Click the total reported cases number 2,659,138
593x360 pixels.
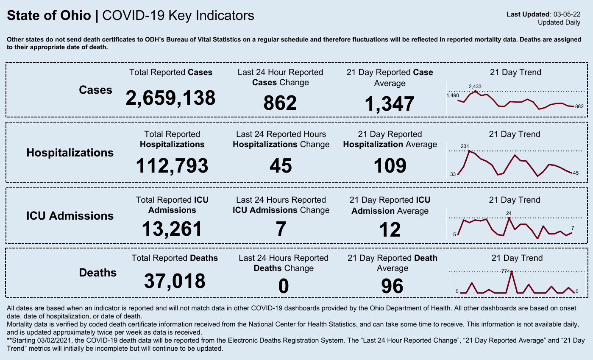coord(170,98)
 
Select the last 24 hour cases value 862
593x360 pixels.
coord(280,103)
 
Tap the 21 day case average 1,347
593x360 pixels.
coord(390,104)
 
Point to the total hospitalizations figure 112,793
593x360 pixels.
coord(172,165)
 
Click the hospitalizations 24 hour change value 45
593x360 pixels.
coord(281,165)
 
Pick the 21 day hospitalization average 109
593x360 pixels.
coord(390,165)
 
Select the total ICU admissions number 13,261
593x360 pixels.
coord(172,229)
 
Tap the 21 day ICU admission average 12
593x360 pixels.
coord(390,230)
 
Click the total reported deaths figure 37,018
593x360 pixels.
coord(175,281)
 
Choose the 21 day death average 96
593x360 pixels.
coord(392,286)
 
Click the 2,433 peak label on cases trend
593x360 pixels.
coord(475,87)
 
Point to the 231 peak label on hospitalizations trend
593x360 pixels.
coord(465,147)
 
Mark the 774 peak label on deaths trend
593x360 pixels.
coord(505,271)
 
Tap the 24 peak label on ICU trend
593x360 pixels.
coord(509,213)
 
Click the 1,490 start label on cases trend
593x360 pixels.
coord(453,96)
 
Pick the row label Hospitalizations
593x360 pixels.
coord(70,153)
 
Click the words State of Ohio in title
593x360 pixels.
coord(49,16)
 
